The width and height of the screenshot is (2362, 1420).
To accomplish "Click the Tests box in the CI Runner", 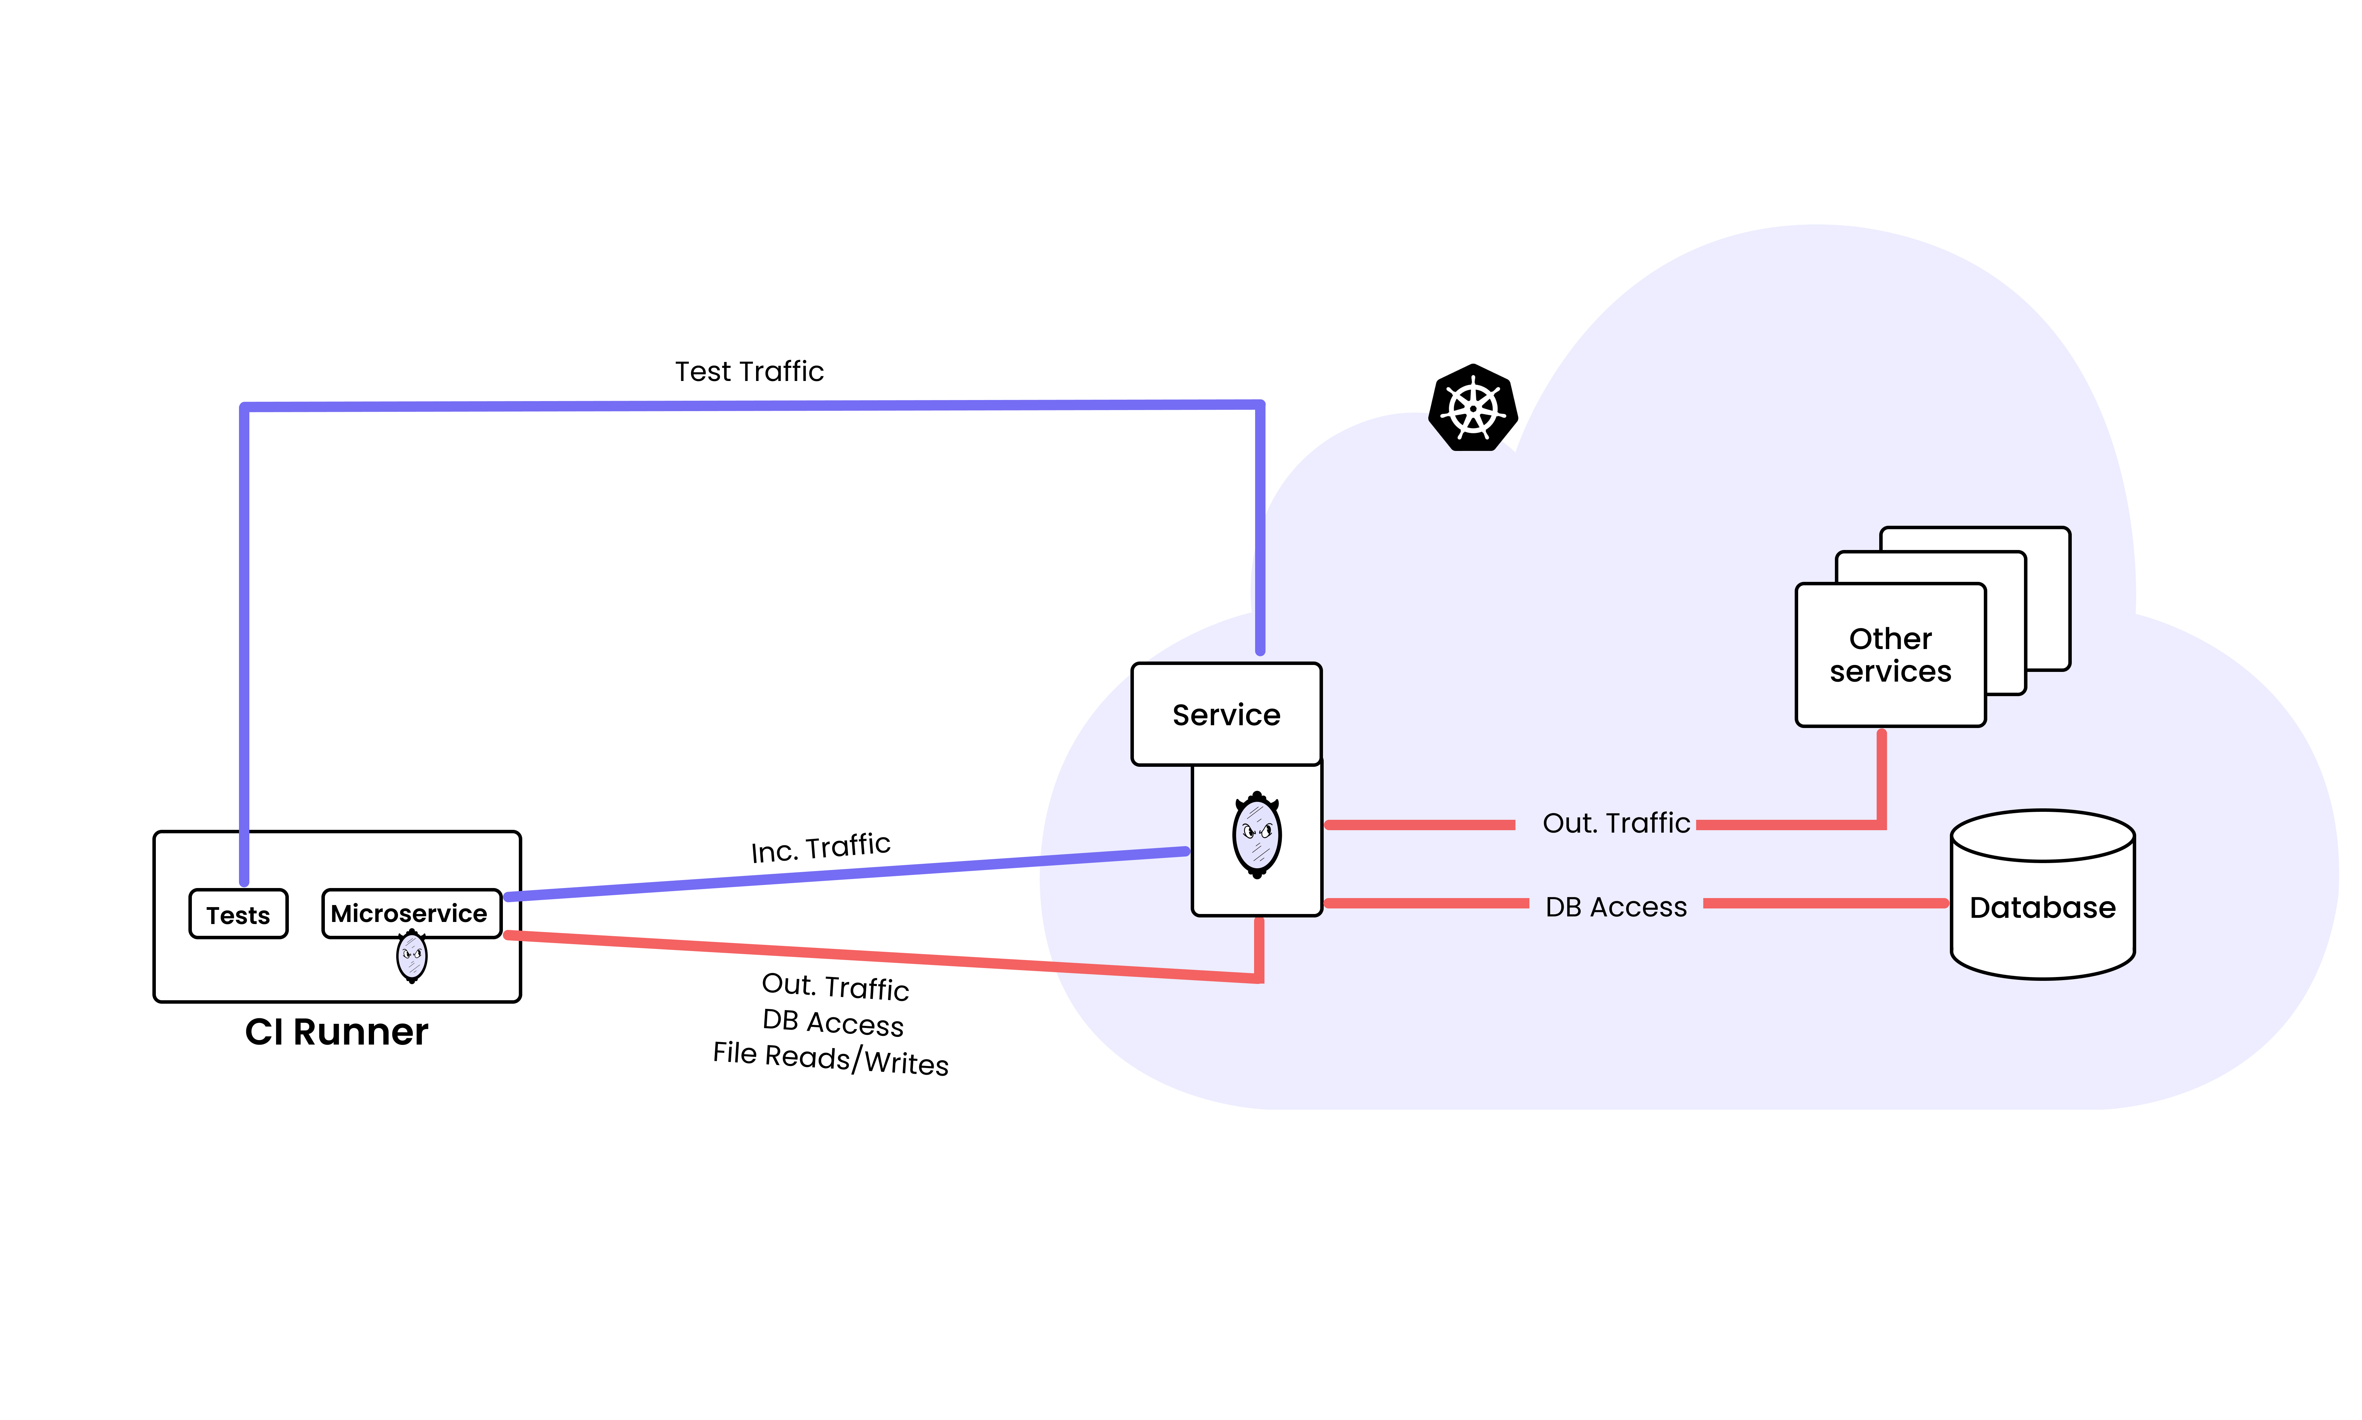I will pos(238,915).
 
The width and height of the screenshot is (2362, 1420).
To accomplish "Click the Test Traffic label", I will pos(749,371).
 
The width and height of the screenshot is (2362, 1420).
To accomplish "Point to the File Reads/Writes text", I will pos(831,1059).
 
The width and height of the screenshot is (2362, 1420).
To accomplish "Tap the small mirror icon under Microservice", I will pos(411,956).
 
